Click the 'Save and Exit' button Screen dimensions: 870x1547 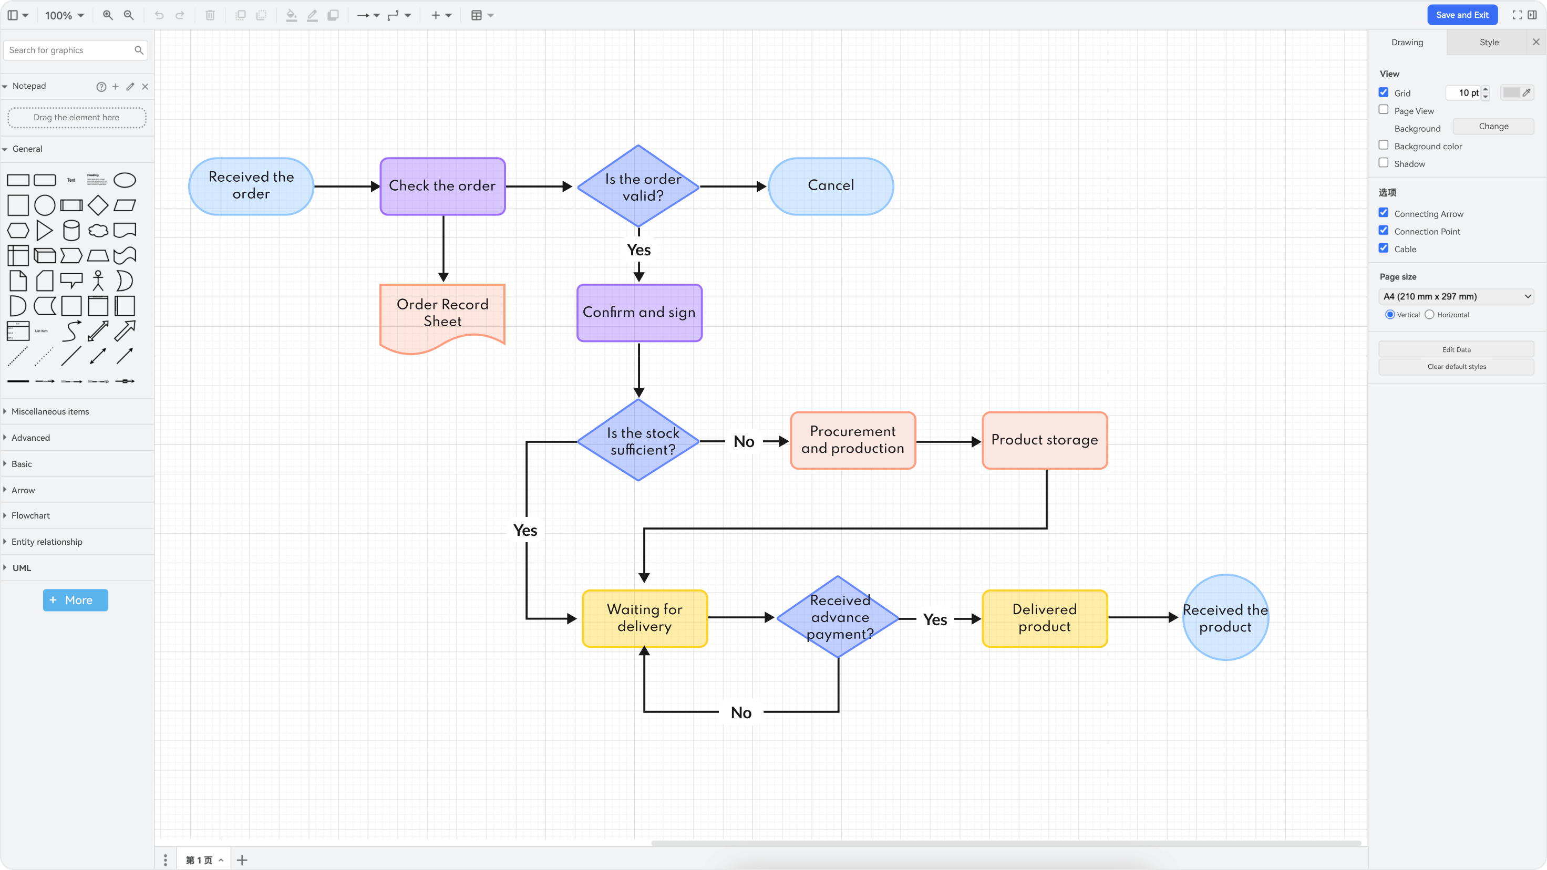[1462, 15]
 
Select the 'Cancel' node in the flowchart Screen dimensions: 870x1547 [831, 186]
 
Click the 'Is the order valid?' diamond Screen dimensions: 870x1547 [638, 187]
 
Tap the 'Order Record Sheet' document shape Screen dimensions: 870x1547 [442, 314]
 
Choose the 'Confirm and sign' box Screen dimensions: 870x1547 [639, 313]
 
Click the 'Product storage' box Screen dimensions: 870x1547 [1044, 440]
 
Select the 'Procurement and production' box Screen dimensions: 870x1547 [852, 440]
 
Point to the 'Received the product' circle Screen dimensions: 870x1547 [1225, 618]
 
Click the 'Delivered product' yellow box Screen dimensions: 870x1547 [1044, 618]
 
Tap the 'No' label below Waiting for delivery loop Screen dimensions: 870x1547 [741, 713]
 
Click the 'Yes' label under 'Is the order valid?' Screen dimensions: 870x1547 [638, 250]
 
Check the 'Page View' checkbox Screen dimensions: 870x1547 [1384, 110]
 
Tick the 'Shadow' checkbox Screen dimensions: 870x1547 [1384, 163]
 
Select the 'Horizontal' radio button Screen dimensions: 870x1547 [1429, 315]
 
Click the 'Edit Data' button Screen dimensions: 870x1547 [1456, 349]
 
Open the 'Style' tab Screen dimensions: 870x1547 [1488, 42]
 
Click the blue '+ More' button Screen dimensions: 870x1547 [75, 600]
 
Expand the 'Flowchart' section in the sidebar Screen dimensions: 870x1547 [30, 516]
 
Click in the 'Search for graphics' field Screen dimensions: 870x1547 [69, 50]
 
